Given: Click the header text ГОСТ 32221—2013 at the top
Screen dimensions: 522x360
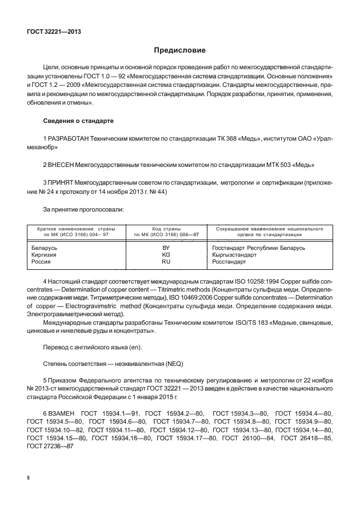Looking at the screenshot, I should point(53,31).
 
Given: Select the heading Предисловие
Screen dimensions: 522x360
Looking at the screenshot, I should point(179,50).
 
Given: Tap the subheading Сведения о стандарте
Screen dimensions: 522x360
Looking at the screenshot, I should point(78,121).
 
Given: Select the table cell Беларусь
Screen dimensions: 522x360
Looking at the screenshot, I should point(43,248).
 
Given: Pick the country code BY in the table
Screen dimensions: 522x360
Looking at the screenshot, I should point(166,248).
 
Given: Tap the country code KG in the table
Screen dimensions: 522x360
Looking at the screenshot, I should point(166,254).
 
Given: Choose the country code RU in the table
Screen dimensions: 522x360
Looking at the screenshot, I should point(166,261).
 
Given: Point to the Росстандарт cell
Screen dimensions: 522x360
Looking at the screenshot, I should point(229,261).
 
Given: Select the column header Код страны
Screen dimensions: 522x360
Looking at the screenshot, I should point(166,228).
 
